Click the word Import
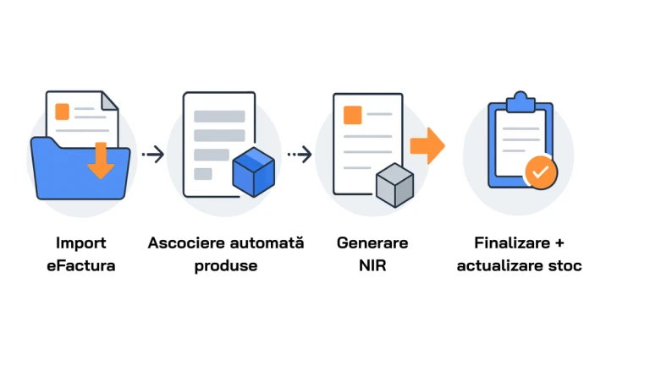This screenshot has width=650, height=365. coord(81,242)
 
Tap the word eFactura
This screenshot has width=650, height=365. coord(81,265)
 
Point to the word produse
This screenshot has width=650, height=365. coord(225,265)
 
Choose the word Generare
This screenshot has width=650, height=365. coord(372,242)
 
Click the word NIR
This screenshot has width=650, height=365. coord(372,265)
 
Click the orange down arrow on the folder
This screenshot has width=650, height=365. coord(101,161)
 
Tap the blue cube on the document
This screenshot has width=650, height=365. coord(254,172)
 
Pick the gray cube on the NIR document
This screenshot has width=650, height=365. coord(394,185)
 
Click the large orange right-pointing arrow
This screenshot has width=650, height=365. coord(427,145)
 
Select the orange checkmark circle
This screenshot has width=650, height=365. coord(541,172)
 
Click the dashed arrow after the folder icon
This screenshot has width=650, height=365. coord(152,154)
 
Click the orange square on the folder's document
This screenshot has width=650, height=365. coord(62,111)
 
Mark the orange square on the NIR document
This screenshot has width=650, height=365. coord(352,114)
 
